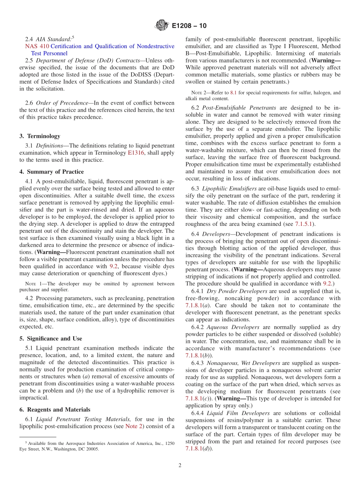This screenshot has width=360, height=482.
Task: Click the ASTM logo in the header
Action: click(162, 26)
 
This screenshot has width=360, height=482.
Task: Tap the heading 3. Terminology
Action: click(39, 136)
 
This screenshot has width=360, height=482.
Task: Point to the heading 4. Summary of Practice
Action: click(49, 171)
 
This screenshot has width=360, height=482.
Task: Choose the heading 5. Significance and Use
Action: click(50, 338)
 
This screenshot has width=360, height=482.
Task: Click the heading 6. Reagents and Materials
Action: click(55, 410)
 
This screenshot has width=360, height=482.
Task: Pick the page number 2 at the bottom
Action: click(180, 465)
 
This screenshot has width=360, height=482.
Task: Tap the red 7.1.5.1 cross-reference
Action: click(305, 224)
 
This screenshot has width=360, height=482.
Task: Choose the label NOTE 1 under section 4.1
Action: click(30, 283)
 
